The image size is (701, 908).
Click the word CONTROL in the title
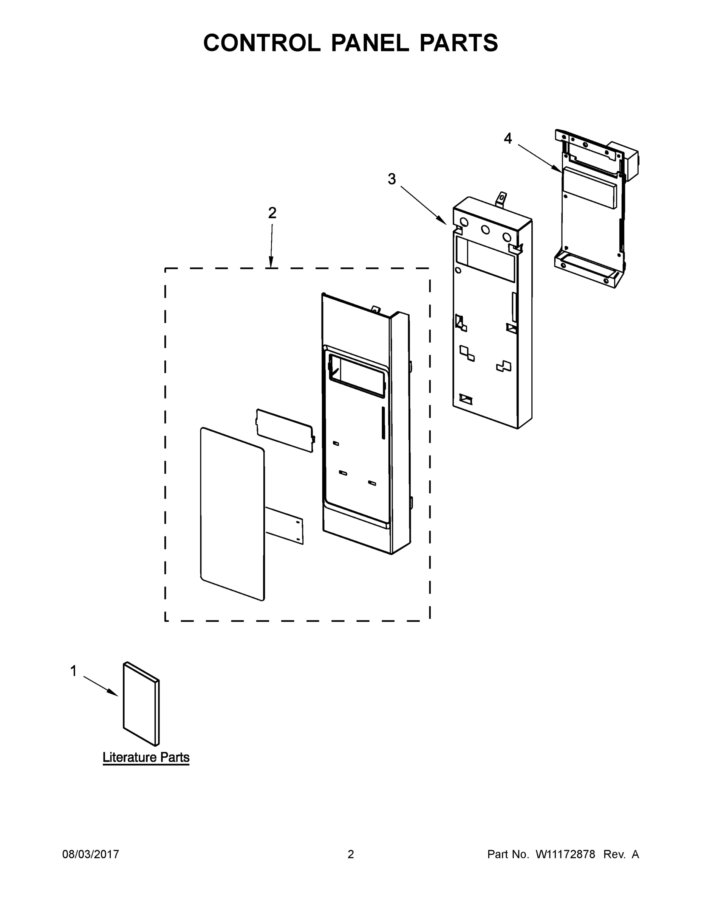click(x=261, y=42)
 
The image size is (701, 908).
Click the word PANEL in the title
click(x=370, y=42)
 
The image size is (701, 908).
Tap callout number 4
click(x=508, y=138)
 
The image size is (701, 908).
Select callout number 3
click(x=392, y=179)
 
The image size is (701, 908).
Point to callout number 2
click(x=272, y=213)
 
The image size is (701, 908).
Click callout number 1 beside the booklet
click(x=74, y=671)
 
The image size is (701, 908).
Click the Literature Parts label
click(x=146, y=757)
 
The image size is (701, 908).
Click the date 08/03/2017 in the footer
click(x=91, y=854)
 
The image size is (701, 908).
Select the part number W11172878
click(x=565, y=854)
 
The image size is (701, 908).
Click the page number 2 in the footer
click(x=351, y=854)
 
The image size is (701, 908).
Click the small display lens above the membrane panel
click(x=285, y=430)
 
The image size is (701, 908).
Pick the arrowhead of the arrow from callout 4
click(x=558, y=169)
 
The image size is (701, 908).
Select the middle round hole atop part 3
click(x=485, y=230)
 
